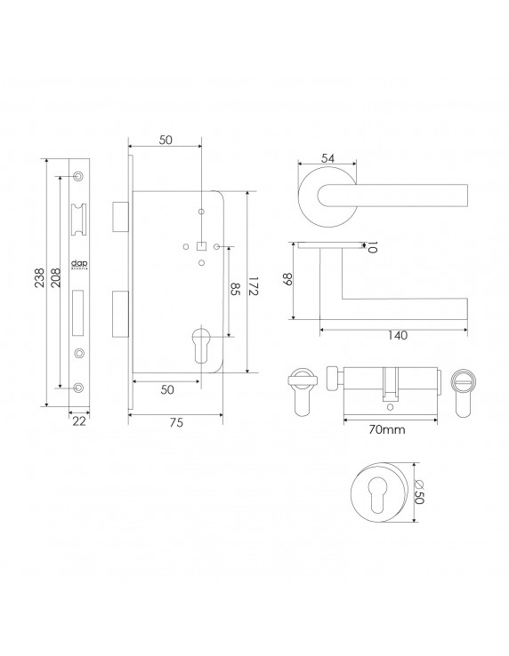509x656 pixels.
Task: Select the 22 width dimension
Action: pyautogui.click(x=79, y=421)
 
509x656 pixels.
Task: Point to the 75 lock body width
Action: pyautogui.click(x=176, y=424)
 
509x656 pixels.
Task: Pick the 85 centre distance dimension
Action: pyautogui.click(x=236, y=290)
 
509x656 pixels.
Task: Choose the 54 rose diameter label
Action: pyautogui.click(x=327, y=158)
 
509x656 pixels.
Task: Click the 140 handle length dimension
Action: pyautogui.click(x=397, y=335)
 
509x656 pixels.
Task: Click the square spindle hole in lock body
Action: pyautogui.click(x=201, y=246)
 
